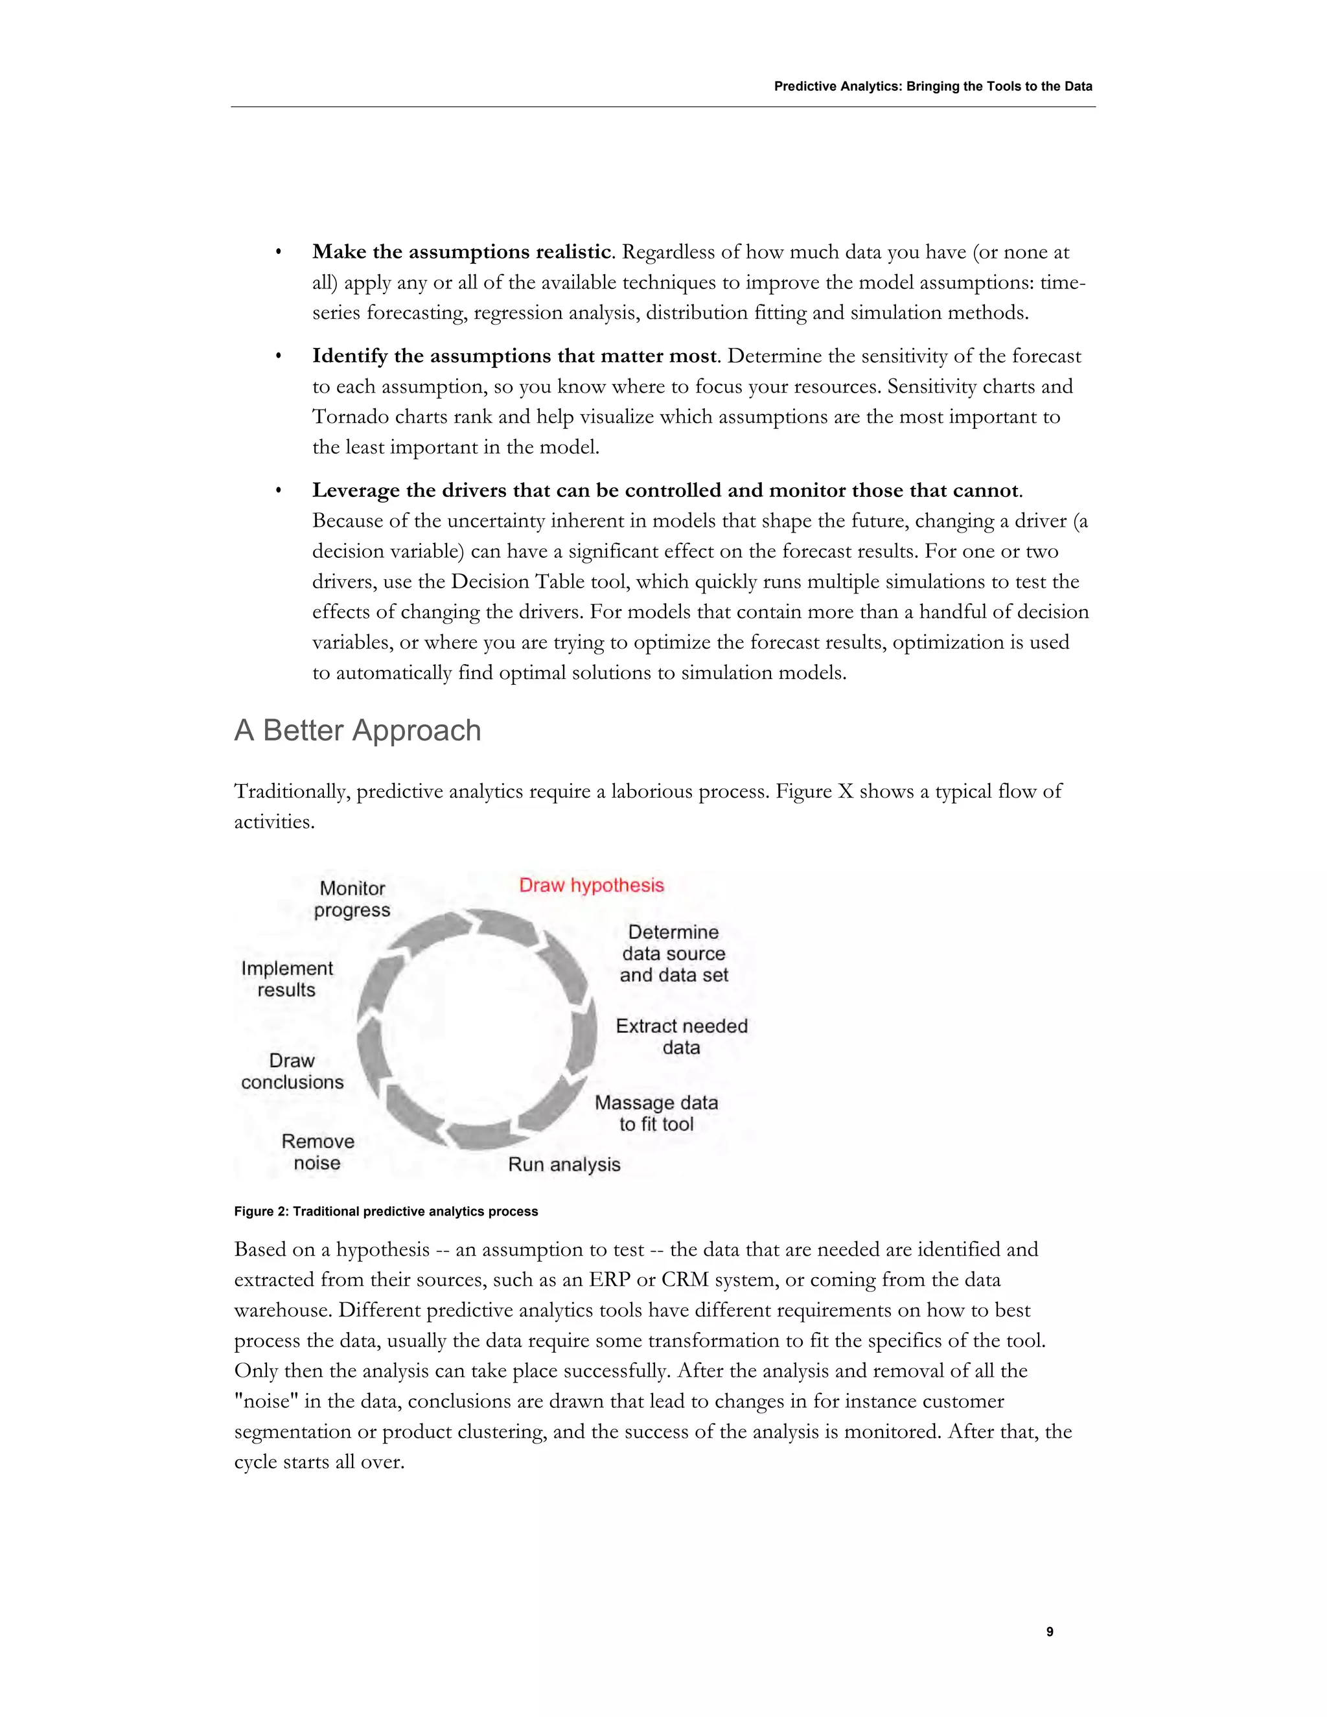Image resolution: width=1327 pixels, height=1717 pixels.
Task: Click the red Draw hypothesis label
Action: click(x=591, y=885)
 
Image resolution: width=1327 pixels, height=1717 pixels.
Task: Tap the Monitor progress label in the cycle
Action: click(x=352, y=899)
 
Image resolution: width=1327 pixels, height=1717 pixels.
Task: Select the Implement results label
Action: click(x=287, y=979)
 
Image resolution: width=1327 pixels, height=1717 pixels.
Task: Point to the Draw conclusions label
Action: click(x=292, y=1071)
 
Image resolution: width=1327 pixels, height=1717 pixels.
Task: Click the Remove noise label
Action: click(x=317, y=1152)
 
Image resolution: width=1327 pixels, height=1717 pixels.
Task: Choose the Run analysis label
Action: click(x=564, y=1164)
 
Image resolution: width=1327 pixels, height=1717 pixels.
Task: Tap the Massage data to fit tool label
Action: click(x=656, y=1113)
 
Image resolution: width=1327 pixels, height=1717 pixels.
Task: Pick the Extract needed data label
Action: click(x=681, y=1036)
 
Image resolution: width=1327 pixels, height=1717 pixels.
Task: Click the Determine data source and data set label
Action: click(x=673, y=954)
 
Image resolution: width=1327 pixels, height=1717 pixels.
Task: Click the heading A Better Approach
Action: click(x=358, y=730)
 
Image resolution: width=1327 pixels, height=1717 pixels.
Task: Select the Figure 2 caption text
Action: click(x=386, y=1212)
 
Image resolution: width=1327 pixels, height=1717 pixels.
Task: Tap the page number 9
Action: click(x=1050, y=1632)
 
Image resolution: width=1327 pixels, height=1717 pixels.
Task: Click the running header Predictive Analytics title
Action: click(x=932, y=86)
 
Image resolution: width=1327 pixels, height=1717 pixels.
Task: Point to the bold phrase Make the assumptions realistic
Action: click(x=461, y=251)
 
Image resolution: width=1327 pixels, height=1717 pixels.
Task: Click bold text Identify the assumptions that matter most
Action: click(x=514, y=356)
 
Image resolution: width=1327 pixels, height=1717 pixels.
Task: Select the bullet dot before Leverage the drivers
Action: click(x=278, y=491)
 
